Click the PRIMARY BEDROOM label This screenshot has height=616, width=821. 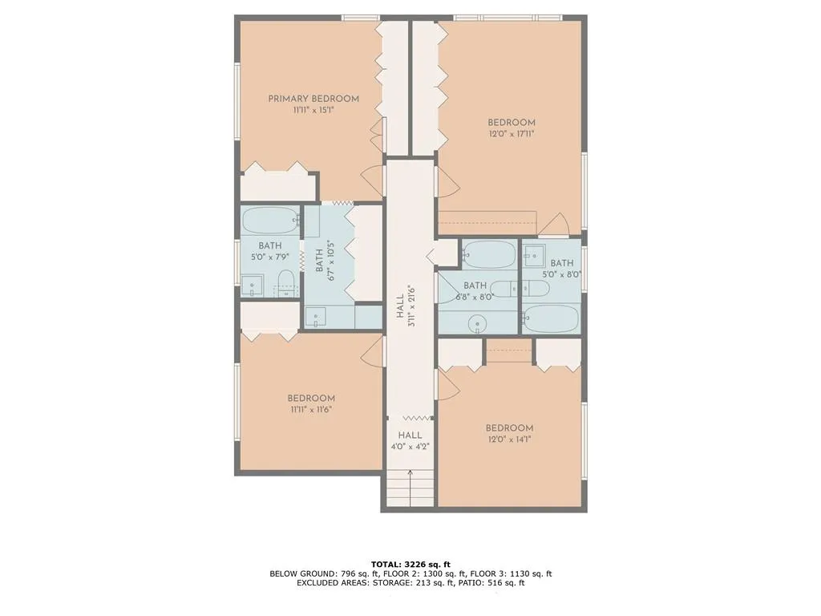click(313, 99)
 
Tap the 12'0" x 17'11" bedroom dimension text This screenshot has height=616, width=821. click(511, 134)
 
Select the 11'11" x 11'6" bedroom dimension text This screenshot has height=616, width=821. click(311, 409)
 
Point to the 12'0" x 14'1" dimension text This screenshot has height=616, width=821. click(509, 439)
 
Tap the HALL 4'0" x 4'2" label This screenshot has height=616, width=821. click(410, 441)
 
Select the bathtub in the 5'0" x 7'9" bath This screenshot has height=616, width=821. click(270, 220)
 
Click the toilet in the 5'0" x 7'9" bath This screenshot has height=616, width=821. click(285, 282)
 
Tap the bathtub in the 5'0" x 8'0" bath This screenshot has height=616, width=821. click(551, 318)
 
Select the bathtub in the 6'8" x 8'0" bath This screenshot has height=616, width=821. click(488, 254)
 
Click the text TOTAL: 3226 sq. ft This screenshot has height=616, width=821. click(410, 564)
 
